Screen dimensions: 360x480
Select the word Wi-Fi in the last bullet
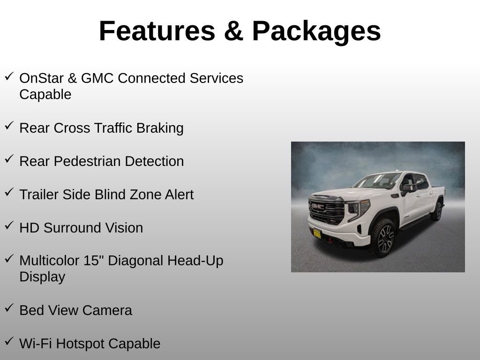coord(35,344)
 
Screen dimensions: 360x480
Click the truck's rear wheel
coord(437,211)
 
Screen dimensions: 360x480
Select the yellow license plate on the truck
coord(317,233)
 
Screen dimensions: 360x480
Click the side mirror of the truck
coord(408,188)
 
